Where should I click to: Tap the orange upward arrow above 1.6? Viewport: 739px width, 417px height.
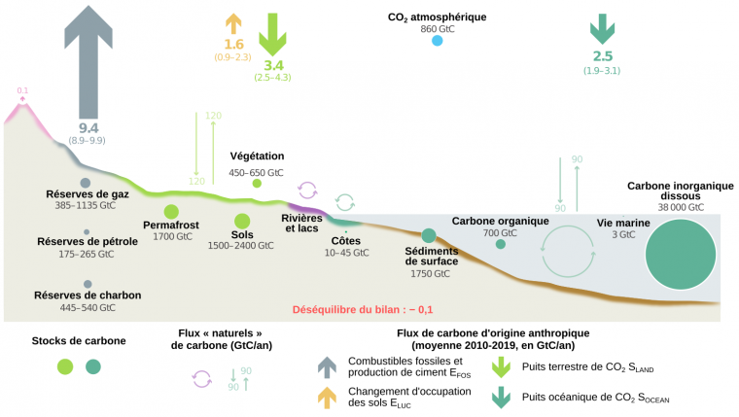pos(233,26)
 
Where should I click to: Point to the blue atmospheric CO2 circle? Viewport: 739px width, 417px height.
pos(437,41)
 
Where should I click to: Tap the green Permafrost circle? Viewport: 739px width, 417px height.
pos(171,212)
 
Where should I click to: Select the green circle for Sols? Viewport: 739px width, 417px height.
pos(242,222)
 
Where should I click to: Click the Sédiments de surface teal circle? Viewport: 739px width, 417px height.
pos(429,236)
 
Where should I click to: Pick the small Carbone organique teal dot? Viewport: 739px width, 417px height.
pos(501,244)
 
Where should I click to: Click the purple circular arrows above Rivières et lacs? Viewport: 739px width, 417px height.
pos(307,190)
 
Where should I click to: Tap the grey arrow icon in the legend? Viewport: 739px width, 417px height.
pos(328,366)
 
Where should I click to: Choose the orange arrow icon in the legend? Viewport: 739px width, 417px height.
pos(328,397)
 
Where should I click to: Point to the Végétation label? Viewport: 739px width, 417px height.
pos(257,156)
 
